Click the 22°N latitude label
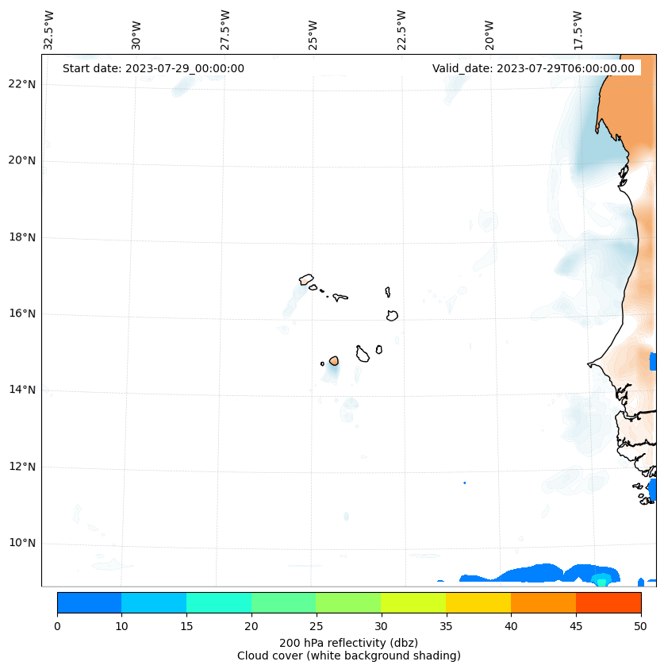(x=22, y=84)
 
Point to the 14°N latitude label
(x=22, y=390)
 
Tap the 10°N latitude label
(x=22, y=543)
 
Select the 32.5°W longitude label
(x=49, y=30)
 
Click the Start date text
(x=153, y=68)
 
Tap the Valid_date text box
(x=533, y=68)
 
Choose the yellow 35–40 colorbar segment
(x=478, y=602)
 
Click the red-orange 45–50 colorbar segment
(x=608, y=602)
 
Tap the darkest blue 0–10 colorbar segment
(x=89, y=602)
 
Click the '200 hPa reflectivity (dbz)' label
(x=348, y=642)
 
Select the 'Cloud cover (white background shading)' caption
(x=348, y=656)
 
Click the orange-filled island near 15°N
(x=334, y=361)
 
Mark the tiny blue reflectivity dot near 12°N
(x=464, y=483)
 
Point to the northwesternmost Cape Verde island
(x=306, y=279)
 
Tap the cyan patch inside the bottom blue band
(x=601, y=579)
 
